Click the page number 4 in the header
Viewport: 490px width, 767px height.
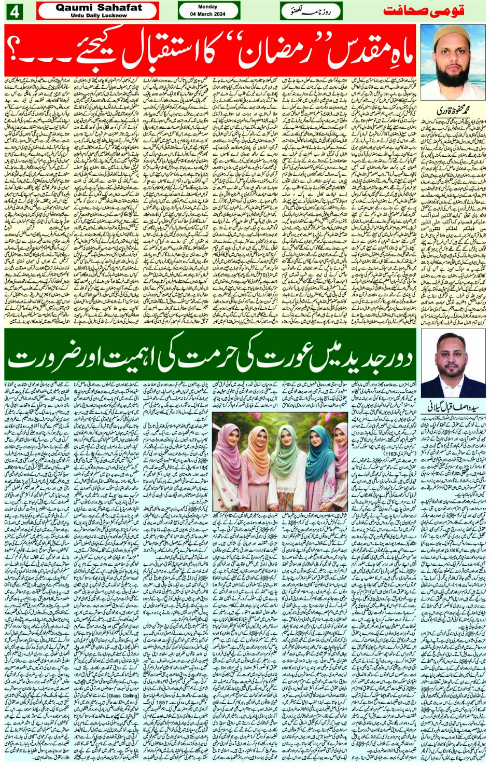[x=14, y=11]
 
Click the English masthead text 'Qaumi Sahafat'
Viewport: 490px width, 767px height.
[x=98, y=7]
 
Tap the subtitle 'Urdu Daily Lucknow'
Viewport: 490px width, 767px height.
[x=98, y=16]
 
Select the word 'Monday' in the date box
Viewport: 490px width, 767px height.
[x=208, y=7]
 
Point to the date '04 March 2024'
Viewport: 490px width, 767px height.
[x=208, y=14]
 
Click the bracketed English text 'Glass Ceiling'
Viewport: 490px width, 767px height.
[x=122, y=695]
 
